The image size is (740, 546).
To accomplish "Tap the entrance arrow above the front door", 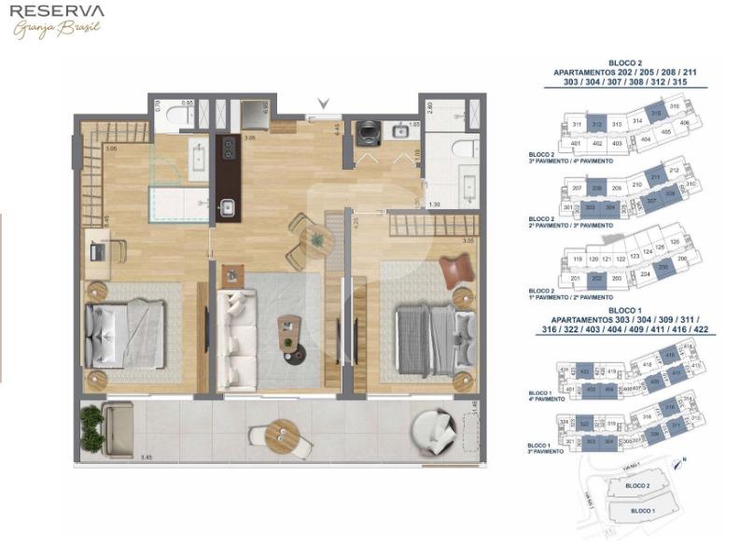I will point(324,104).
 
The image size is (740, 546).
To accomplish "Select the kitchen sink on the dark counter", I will point(227,208).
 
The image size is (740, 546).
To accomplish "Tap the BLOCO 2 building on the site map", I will point(637,485).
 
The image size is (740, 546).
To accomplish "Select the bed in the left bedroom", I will point(124,332).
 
